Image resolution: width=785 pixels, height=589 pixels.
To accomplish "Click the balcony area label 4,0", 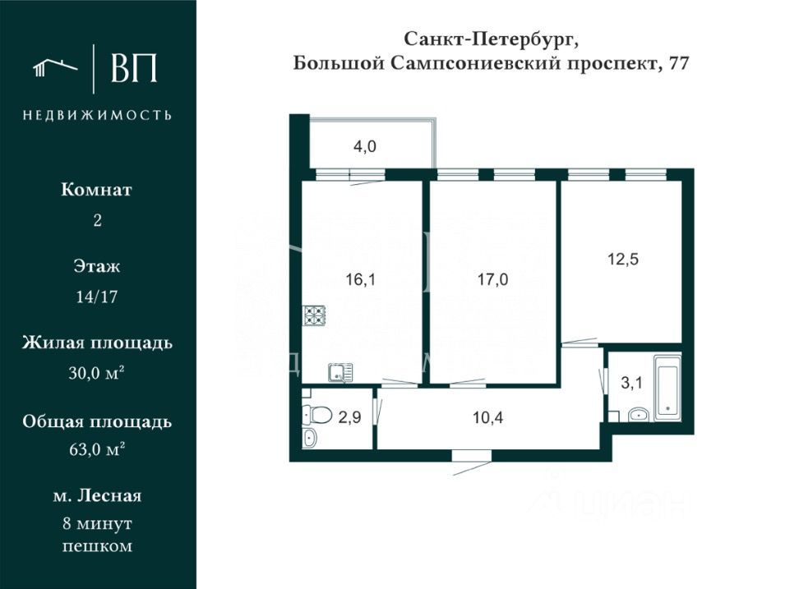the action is [x=365, y=148].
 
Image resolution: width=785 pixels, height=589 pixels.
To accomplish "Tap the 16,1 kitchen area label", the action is [x=360, y=279].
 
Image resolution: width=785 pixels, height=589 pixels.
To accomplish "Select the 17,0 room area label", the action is [x=492, y=279].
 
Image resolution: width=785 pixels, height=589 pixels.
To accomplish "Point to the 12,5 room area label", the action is [x=623, y=259].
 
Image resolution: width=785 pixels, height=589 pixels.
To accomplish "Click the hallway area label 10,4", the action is [x=488, y=417].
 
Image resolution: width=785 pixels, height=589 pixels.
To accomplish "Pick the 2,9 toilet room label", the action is [x=349, y=417].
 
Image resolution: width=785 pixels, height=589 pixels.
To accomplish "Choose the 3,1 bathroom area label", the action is [x=632, y=382].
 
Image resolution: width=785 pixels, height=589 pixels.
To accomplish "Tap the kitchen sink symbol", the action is [x=339, y=373].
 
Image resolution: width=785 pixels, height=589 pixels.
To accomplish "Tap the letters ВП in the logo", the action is [x=133, y=69].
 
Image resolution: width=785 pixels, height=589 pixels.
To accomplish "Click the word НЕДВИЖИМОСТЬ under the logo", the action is [x=97, y=115].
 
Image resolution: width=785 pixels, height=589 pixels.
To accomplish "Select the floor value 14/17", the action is [x=97, y=297].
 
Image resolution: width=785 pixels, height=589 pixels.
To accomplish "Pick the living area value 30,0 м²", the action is [x=97, y=373].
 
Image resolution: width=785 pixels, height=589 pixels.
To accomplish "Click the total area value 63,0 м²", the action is [x=97, y=449].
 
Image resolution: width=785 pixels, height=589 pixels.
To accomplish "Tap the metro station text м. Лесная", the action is [x=97, y=495].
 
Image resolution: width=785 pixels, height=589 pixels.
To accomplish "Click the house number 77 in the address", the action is [x=678, y=64].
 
